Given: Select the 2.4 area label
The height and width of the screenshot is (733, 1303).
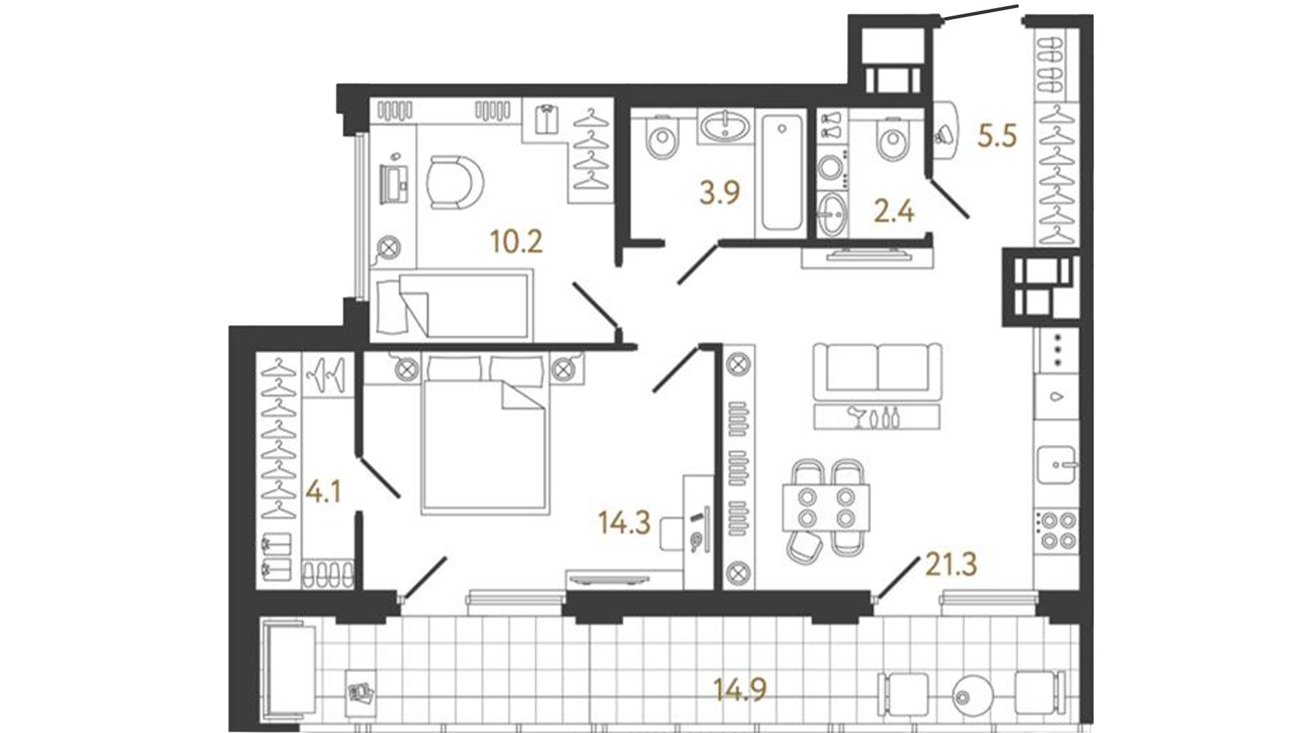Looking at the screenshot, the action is point(894,212).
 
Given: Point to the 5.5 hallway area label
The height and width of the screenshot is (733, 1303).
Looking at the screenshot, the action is point(997,136).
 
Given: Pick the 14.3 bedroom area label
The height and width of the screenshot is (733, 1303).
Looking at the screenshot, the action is point(624,523).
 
